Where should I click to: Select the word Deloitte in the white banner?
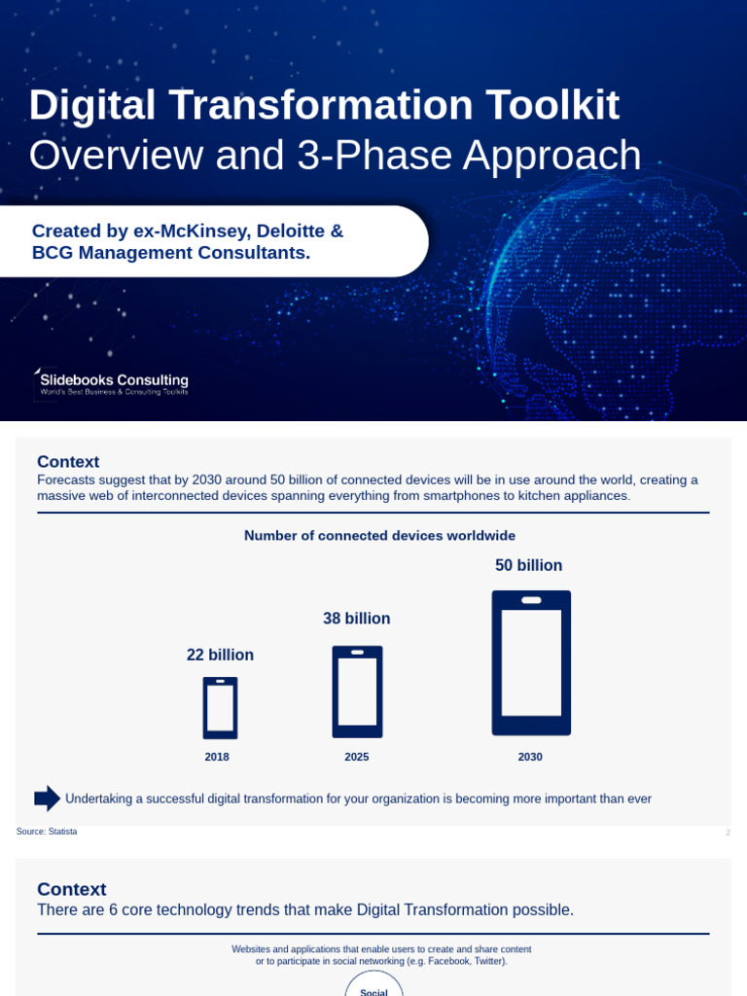pyautogui.click(x=291, y=231)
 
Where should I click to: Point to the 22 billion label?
pyautogui.click(x=220, y=656)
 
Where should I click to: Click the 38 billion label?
pyautogui.click(x=357, y=619)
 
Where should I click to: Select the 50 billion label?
pyautogui.click(x=529, y=566)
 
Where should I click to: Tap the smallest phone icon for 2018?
pyautogui.click(x=220, y=708)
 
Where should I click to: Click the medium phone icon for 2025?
pyautogui.click(x=357, y=692)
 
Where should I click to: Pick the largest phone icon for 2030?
pyautogui.click(x=531, y=663)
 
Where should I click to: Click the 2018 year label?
pyautogui.click(x=217, y=757)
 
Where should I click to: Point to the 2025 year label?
pyautogui.click(x=357, y=757)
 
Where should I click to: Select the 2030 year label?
pyautogui.click(x=530, y=757)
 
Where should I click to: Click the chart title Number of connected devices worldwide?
pyautogui.click(x=379, y=536)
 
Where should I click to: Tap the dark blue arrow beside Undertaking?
pyautogui.click(x=47, y=799)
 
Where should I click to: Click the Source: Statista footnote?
pyautogui.click(x=47, y=832)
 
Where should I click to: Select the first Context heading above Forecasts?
pyautogui.click(x=68, y=462)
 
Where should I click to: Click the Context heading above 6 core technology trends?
pyautogui.click(x=72, y=889)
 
